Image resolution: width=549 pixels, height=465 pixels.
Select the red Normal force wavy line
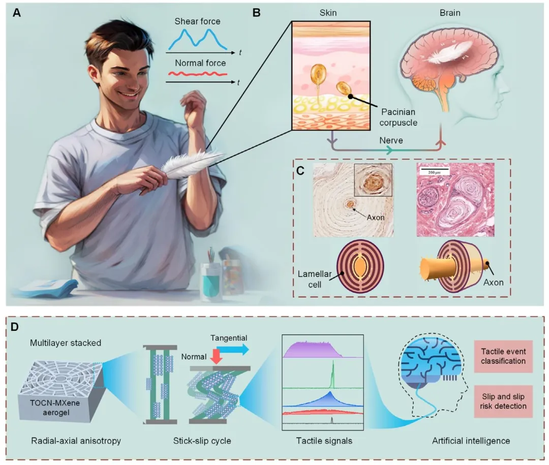pyautogui.click(x=198, y=74)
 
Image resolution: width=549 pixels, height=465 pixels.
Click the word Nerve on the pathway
pyautogui.click(x=390, y=138)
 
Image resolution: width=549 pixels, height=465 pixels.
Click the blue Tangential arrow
pyautogui.click(x=232, y=350)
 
